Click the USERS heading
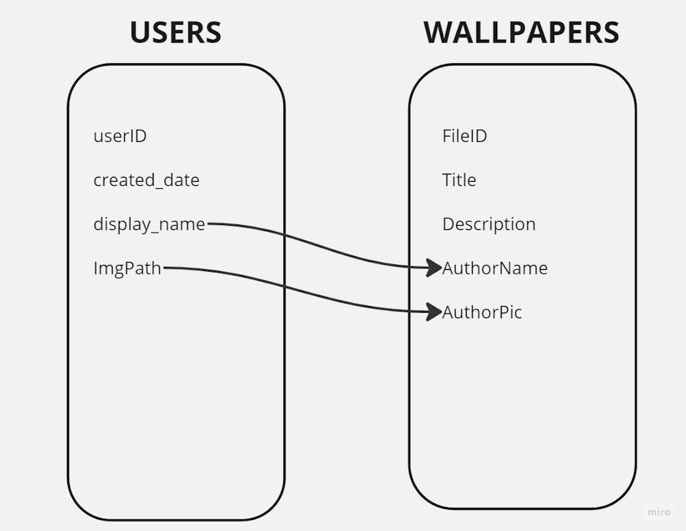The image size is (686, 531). pos(176,32)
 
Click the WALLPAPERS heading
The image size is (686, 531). pos(521,32)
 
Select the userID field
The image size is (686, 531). pos(120,136)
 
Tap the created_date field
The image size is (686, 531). pos(146,180)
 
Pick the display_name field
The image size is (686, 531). pos(149,224)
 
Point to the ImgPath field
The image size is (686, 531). pos(127,268)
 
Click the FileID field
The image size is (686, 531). pos(464,136)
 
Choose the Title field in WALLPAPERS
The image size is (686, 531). pos(459,180)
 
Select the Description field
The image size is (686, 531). pos(488,224)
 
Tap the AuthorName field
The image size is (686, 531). pos(495,268)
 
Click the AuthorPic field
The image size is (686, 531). pos(482,312)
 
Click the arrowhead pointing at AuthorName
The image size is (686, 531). pos(434,268)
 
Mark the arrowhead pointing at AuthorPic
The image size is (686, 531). pos(434,311)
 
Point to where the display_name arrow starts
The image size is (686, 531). pos(209,224)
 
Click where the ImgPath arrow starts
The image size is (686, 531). pos(165,268)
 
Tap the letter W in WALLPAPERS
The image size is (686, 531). pos(439,32)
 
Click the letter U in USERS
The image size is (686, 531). pos(139,32)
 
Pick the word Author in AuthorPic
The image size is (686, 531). pos(467,312)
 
